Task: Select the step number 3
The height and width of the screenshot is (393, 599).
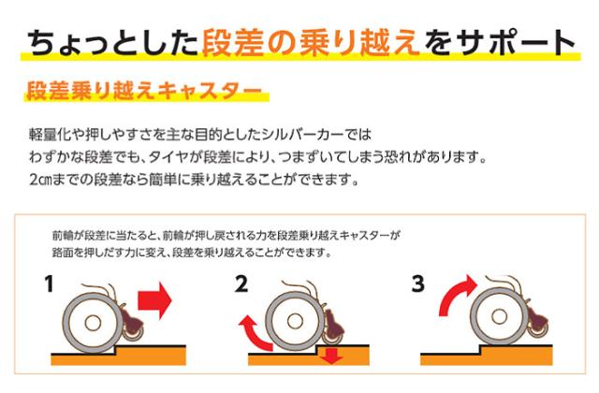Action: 419,282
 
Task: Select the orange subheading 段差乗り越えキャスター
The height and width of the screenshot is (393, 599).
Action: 141,94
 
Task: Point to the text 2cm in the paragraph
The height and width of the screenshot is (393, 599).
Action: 42,177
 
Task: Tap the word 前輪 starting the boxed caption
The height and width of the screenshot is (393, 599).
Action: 67,237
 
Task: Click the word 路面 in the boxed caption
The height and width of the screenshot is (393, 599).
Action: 67,254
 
